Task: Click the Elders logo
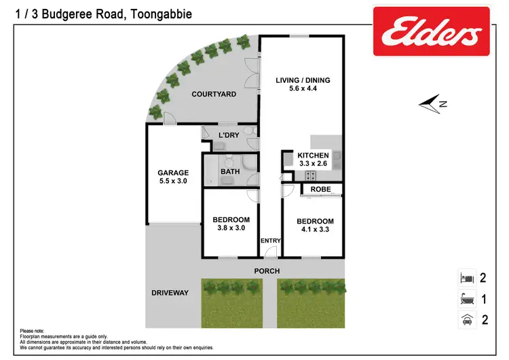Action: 431,31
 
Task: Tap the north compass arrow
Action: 432,104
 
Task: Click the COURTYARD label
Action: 213,94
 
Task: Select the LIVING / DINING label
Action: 303,81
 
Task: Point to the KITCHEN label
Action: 313,155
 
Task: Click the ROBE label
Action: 320,190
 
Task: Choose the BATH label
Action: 229,172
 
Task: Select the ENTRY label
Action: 271,240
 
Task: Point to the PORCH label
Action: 267,271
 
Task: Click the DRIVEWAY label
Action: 170,293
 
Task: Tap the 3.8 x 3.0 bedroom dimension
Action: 231,228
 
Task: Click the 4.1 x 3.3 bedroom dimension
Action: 315,230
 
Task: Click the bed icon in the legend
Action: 466,278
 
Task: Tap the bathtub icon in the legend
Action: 466,298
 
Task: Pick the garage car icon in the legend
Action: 466,319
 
